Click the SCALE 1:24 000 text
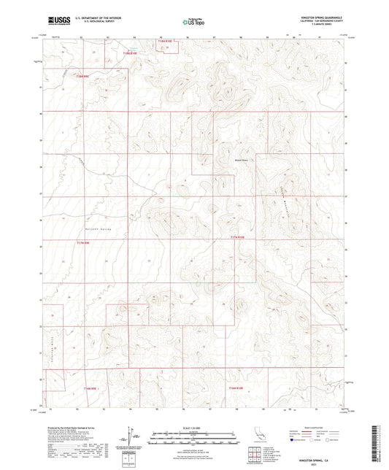click(194, 428)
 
